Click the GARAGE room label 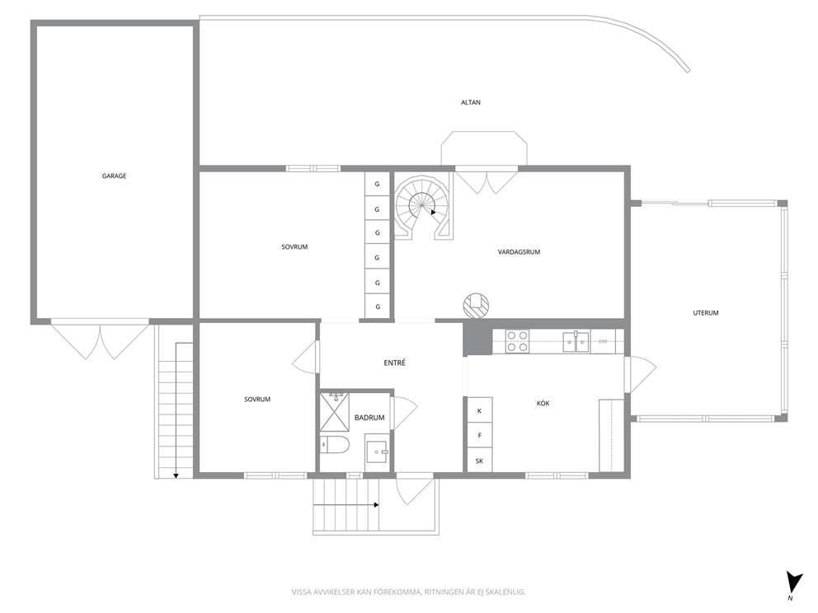pyautogui.click(x=114, y=176)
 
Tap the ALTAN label pyautogui.click(x=471, y=103)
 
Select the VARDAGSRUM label pyautogui.click(x=519, y=252)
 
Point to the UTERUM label pyautogui.click(x=705, y=313)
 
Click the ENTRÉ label pyautogui.click(x=394, y=363)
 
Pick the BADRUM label pyautogui.click(x=369, y=418)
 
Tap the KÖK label pyautogui.click(x=543, y=404)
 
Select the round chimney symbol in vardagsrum pyautogui.click(x=477, y=305)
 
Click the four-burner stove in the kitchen pyautogui.click(x=517, y=341)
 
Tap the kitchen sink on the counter pyautogui.click(x=576, y=342)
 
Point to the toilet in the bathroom pyautogui.click(x=334, y=445)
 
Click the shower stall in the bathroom pyautogui.click(x=335, y=412)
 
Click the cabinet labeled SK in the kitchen pyautogui.click(x=479, y=461)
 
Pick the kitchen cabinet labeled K pyautogui.click(x=479, y=411)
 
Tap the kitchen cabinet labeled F pyautogui.click(x=479, y=435)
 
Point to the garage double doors pyautogui.click(x=100, y=339)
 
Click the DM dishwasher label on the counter pyautogui.click(x=603, y=341)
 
